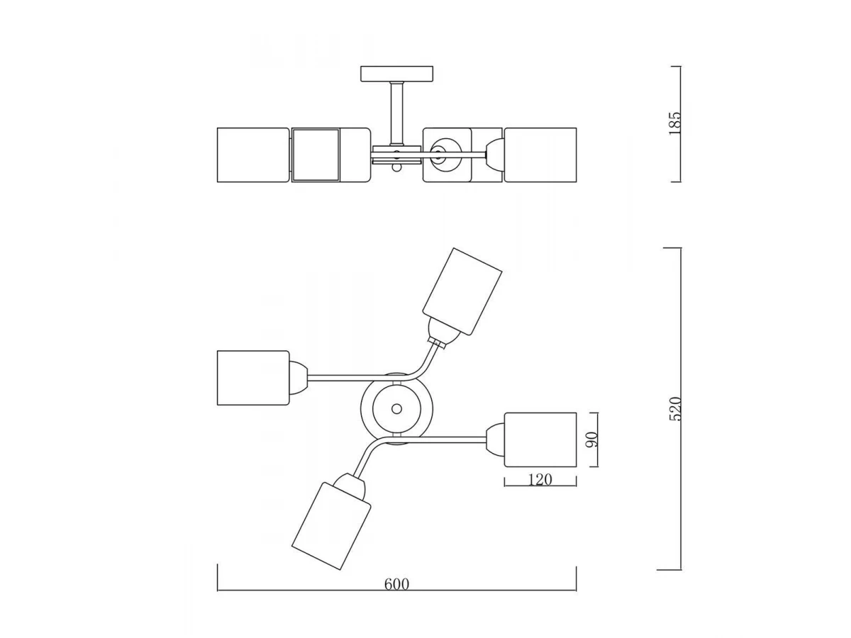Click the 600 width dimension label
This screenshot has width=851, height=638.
click(x=396, y=584)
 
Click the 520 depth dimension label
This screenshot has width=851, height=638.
click(x=675, y=409)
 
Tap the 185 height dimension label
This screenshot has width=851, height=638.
click(x=675, y=123)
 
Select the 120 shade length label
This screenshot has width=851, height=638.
click(x=540, y=480)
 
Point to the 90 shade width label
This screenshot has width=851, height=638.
click(x=592, y=440)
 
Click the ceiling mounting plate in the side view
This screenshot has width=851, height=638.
click(x=396, y=74)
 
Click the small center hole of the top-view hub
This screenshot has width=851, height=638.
click(x=396, y=409)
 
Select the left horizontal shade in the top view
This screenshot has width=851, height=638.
click(x=253, y=378)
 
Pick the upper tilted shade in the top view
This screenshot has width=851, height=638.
click(x=462, y=291)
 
